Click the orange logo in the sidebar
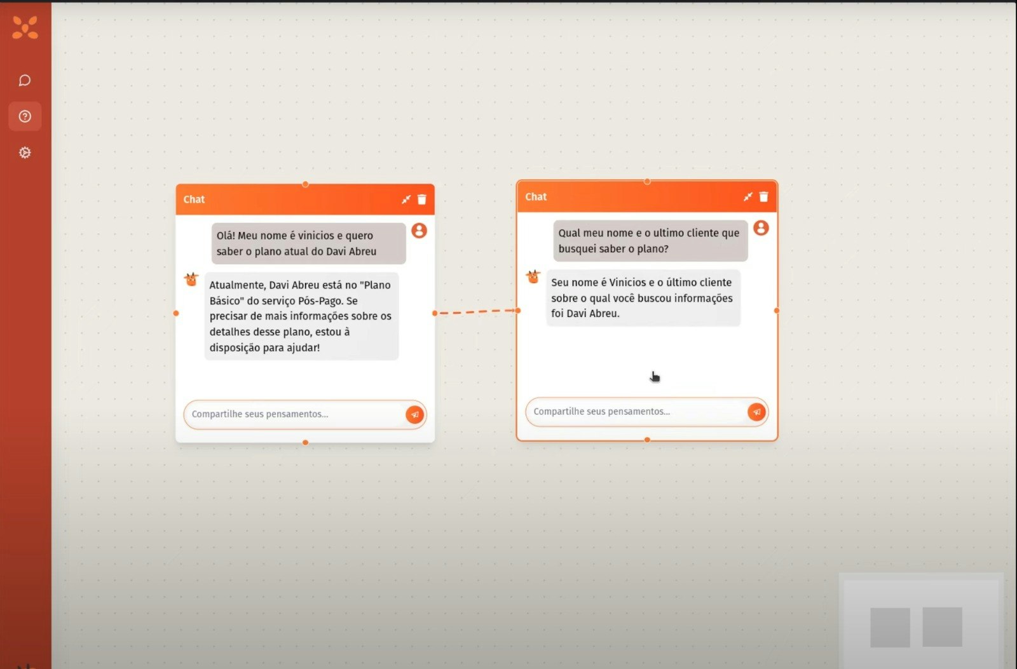(25, 27)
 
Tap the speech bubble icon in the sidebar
(25, 80)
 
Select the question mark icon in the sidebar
(25, 117)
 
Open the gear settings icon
(25, 152)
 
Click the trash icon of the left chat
(422, 199)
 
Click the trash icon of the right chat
(763, 196)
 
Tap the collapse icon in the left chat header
(406, 199)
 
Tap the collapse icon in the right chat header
(747, 196)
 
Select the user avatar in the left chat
(419, 231)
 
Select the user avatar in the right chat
(761, 228)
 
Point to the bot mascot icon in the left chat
(191, 279)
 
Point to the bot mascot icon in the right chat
(533, 276)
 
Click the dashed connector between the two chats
(476, 312)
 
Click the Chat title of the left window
(194, 199)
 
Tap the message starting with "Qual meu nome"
(650, 241)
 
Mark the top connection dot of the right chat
(647, 182)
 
